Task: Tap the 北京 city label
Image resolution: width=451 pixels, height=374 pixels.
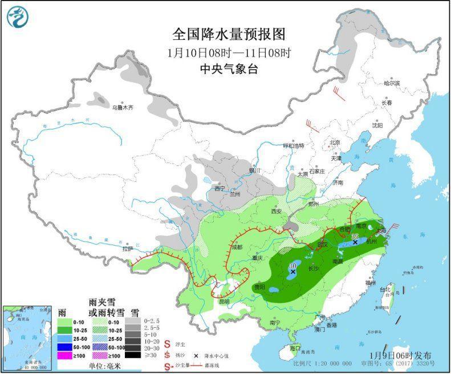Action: [x=335, y=143]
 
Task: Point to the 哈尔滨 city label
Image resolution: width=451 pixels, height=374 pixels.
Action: [x=392, y=83]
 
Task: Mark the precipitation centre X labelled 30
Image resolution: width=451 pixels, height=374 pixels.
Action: [x=293, y=273]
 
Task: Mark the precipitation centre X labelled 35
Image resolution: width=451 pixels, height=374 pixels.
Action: [x=355, y=242]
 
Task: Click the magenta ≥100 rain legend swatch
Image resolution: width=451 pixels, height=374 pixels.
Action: [x=67, y=355]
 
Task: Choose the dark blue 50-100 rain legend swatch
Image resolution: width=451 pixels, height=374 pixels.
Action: [x=67, y=346]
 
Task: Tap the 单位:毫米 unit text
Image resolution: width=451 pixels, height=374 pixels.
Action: [x=107, y=365]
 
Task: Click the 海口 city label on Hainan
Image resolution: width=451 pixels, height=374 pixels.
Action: [x=294, y=347]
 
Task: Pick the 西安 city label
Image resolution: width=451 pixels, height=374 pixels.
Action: [x=277, y=211]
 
